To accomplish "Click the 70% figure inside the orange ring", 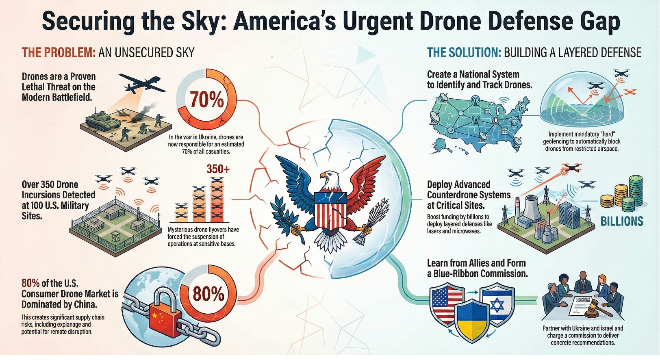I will [x=206, y=99].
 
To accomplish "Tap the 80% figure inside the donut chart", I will [x=208, y=293].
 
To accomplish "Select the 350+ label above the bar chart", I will [x=218, y=169].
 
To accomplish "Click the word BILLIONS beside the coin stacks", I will [x=622, y=221].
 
